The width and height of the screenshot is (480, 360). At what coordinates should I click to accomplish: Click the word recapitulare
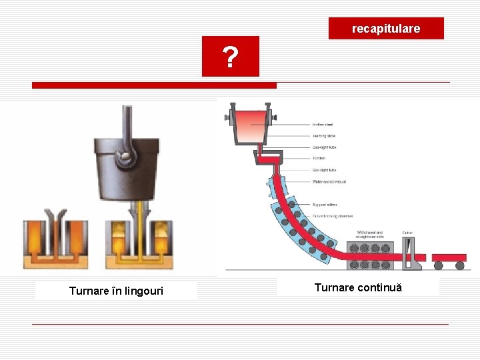(x=386, y=29)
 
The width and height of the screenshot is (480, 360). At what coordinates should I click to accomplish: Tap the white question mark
(x=230, y=58)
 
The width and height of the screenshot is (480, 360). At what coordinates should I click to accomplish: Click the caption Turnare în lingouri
(x=116, y=291)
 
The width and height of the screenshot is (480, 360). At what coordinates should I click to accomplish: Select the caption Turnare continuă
(x=358, y=287)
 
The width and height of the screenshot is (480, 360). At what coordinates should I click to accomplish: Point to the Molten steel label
(x=323, y=124)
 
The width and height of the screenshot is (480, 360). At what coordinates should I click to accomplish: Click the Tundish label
(x=319, y=158)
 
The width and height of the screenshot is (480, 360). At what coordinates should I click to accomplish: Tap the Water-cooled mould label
(x=328, y=181)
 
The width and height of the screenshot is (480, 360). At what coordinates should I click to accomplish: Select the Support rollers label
(x=325, y=205)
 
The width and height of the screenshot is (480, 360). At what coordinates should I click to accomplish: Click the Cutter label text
(x=407, y=233)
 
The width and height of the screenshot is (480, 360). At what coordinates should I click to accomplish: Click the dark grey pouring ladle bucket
(x=127, y=170)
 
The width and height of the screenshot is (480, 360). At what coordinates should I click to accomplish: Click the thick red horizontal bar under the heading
(x=154, y=85)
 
